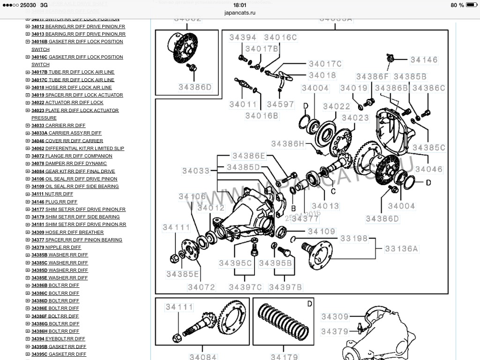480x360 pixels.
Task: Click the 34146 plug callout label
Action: click(x=424, y=60)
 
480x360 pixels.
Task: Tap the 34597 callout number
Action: click(x=280, y=105)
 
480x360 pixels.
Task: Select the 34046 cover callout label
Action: click(x=428, y=169)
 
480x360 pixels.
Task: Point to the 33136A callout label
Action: click(x=401, y=248)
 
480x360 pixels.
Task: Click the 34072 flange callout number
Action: click(x=202, y=287)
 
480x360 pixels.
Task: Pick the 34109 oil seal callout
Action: click(x=322, y=231)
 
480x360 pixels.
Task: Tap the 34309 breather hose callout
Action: click(x=335, y=317)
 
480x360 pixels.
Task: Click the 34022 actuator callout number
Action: click(x=337, y=107)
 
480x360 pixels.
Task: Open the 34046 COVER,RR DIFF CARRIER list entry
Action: click(x=67, y=141)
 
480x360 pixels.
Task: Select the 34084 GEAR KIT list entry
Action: click(x=73, y=171)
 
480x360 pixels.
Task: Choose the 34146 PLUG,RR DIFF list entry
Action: click(x=52, y=202)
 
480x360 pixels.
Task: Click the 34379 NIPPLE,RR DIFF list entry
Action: click(x=56, y=247)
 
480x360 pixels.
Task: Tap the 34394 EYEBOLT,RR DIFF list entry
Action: click(x=58, y=339)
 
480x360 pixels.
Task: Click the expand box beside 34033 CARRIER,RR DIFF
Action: click(x=28, y=126)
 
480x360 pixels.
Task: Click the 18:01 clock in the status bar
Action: click(x=240, y=5)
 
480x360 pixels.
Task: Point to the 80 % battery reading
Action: click(x=457, y=5)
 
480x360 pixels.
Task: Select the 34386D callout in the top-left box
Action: click(x=195, y=87)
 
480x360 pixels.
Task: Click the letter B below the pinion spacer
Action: click(x=293, y=208)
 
